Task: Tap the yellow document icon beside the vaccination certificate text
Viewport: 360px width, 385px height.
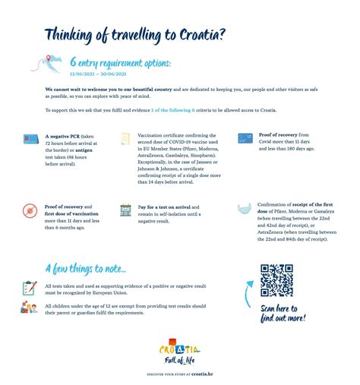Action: pyautogui.click(x=125, y=139)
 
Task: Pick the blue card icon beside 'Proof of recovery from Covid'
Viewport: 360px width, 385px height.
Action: pyautogui.click(x=245, y=139)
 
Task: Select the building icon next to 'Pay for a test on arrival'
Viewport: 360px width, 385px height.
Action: pyautogui.click(x=125, y=210)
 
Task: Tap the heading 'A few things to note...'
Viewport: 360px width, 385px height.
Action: pyautogui.click(x=86, y=268)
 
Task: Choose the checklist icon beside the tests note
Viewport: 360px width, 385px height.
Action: pyautogui.click(x=30, y=289)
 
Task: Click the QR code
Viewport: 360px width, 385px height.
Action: pyautogui.click(x=276, y=280)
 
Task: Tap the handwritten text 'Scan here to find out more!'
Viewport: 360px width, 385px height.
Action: pyautogui.click(x=283, y=313)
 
